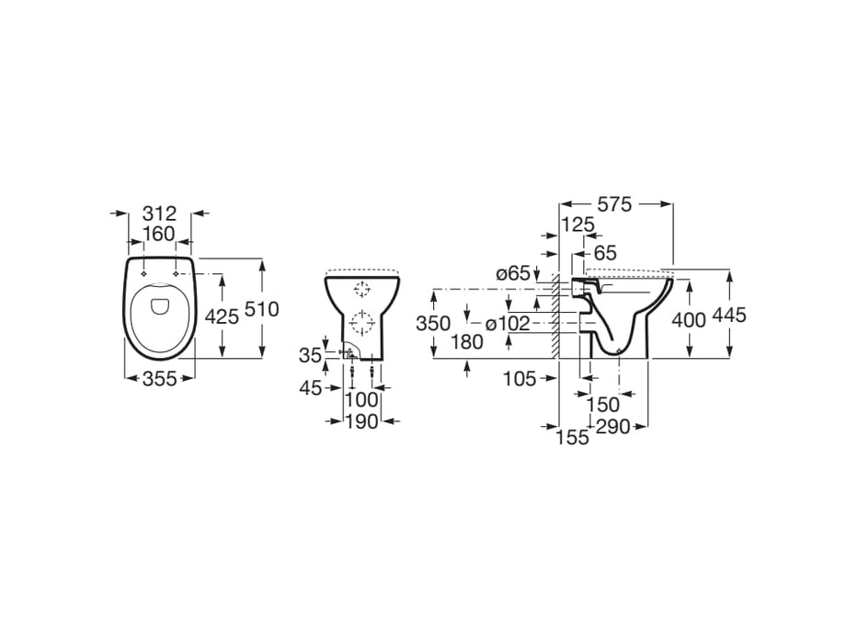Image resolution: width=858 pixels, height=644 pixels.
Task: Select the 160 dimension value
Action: [x=160, y=235]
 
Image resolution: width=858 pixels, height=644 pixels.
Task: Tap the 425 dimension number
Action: [x=222, y=316]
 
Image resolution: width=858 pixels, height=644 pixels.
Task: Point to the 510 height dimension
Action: [x=262, y=309]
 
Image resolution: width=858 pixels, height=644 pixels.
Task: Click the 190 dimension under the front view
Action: [x=362, y=421]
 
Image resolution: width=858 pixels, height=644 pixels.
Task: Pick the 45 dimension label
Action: [x=310, y=388]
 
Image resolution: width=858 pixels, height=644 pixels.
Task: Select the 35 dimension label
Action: [x=310, y=354]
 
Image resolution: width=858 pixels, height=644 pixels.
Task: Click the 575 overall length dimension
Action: [x=613, y=205]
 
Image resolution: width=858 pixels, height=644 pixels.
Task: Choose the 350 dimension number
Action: [x=432, y=323]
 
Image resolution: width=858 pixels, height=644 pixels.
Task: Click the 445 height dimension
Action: [x=728, y=315]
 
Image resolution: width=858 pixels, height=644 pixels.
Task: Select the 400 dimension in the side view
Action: [x=688, y=319]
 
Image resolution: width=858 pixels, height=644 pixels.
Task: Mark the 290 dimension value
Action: [x=612, y=426]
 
